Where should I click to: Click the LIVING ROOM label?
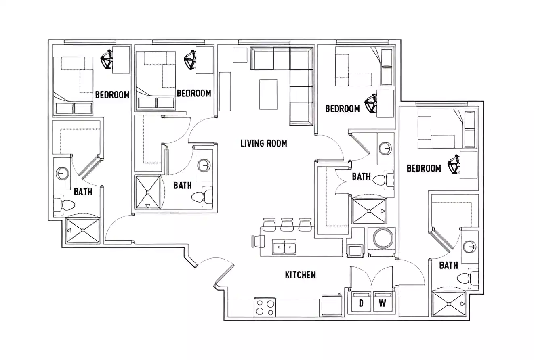coord(263,143)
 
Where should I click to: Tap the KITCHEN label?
coord(300,275)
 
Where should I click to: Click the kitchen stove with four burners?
coord(265,307)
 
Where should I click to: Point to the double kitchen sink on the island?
coord(284,247)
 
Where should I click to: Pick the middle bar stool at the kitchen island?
coord(287,225)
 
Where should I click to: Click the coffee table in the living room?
coord(268,94)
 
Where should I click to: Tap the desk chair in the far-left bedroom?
coord(107,60)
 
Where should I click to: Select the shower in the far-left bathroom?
coord(82,230)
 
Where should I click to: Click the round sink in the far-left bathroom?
coord(61,174)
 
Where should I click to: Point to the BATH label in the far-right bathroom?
coord(448,265)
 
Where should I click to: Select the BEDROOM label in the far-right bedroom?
coord(423,168)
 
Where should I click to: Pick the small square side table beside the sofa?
coord(240,55)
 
